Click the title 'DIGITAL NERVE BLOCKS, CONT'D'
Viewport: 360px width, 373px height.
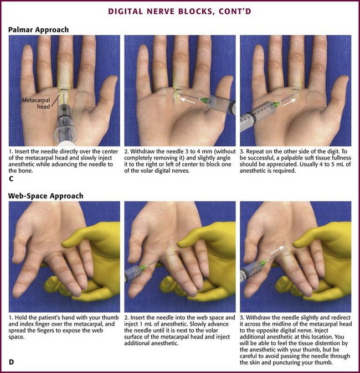[180, 12]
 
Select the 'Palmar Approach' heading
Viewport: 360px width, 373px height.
[38, 30]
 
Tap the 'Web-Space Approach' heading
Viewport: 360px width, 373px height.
[46, 196]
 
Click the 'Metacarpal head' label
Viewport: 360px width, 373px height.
[36, 103]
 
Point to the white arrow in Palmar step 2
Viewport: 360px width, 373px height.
[188, 100]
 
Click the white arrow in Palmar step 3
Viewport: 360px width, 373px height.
[290, 102]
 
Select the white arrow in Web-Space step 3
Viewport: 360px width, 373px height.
[277, 251]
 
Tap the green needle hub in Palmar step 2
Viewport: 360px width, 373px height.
[204, 101]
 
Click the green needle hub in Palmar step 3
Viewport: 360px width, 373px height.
[276, 104]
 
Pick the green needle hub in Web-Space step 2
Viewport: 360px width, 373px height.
[143, 268]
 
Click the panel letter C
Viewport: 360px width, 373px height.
[11, 179]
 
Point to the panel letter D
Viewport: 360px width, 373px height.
[11, 362]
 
